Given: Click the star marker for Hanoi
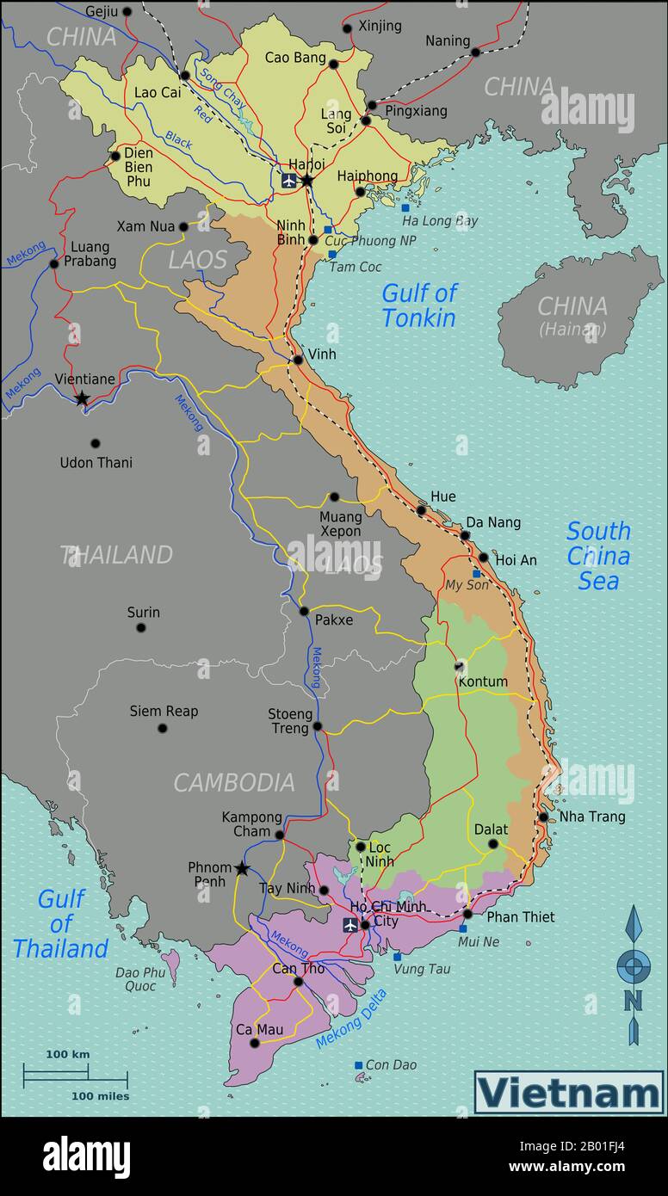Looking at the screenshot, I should pos(306,181).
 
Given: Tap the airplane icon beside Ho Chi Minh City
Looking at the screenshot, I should pos(350,924).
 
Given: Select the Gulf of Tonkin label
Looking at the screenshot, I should pos(419,305).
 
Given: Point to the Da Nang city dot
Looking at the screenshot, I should pos(465,535).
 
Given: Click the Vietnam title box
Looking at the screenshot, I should pos(569,1093).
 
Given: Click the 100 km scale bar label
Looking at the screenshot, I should pos(68,1054).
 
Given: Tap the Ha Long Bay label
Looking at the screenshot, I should pos(439,221).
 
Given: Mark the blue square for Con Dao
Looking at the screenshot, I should pos(359,1065).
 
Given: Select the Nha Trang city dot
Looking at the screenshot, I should pos(543,817).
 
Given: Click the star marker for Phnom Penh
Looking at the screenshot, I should pos(242,869).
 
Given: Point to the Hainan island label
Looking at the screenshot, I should pos(572,315).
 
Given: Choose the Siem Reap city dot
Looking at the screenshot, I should pos(162,728).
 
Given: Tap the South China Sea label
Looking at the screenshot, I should pos(598,556).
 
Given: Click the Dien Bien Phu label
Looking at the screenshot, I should pos(138,168).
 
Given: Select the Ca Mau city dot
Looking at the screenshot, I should pos(255,1043).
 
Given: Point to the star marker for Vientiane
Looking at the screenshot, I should pos(82,398).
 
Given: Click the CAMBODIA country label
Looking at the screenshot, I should pos(234,782).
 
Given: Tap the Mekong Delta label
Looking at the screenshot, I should pos(351,1019).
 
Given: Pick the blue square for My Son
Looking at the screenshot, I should pos(476,574).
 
